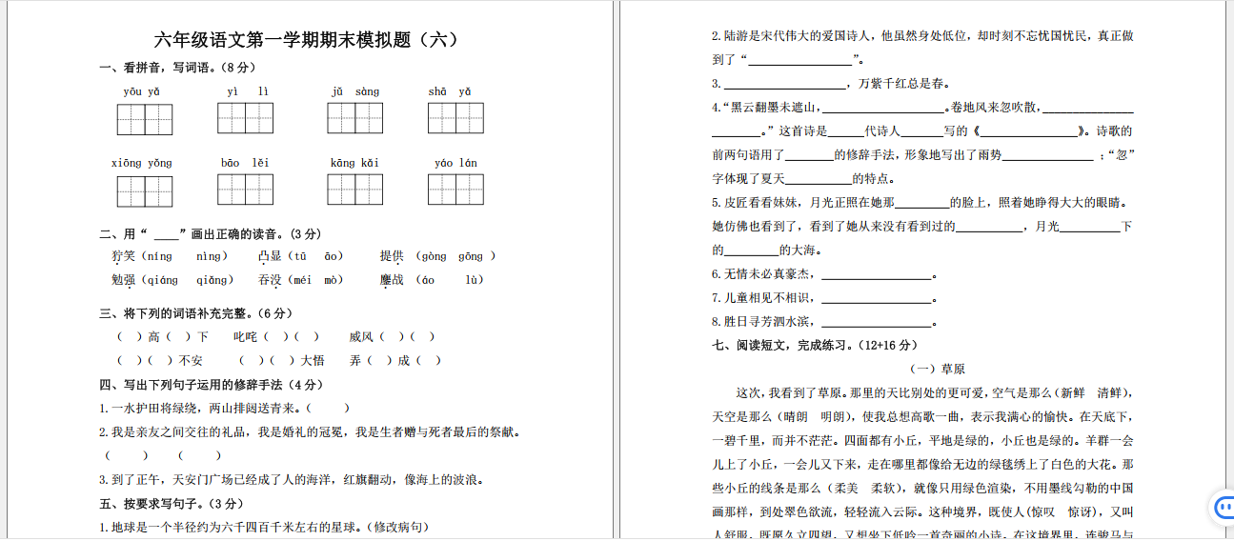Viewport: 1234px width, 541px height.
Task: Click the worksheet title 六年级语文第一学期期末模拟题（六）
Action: coord(306,40)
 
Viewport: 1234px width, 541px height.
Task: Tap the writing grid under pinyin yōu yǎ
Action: coord(145,119)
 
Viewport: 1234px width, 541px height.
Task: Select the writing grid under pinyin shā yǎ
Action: coord(455,118)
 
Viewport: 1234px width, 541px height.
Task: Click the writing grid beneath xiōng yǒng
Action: coord(145,190)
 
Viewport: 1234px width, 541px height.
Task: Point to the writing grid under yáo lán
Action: coord(455,190)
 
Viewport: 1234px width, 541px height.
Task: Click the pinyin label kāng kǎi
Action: coord(354,163)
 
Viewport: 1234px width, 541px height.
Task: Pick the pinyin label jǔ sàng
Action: coord(354,91)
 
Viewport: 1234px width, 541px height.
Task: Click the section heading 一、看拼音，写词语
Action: coord(176,68)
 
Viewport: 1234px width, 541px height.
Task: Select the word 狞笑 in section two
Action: coord(124,256)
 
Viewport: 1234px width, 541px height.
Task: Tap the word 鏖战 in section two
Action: coord(392,280)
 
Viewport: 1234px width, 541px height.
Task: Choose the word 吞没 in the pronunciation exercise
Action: coord(271,280)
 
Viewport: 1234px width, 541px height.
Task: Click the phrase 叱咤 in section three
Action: coord(246,336)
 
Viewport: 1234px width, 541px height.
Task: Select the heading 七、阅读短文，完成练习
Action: coord(814,345)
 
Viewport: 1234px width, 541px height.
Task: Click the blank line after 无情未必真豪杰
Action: coord(876,276)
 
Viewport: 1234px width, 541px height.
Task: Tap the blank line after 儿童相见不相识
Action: coord(876,300)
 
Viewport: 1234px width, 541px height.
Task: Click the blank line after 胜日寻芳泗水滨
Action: coord(876,324)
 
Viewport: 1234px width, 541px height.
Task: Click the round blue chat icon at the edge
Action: coord(1222,509)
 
